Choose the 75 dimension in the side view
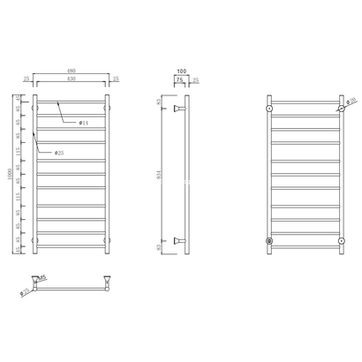pyautogui.click(x=179, y=79)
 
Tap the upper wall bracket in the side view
pyautogui.click(x=180, y=109)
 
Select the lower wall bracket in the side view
pyautogui.click(x=180, y=239)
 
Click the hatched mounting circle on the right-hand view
pyautogui.click(x=268, y=239)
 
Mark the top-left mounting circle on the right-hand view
pyautogui.click(x=268, y=109)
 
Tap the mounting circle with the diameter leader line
pyautogui.click(x=340, y=109)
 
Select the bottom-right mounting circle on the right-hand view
pyautogui.click(x=340, y=239)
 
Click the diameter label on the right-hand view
pyautogui.click(x=351, y=100)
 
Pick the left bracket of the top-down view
pyautogui.click(x=35, y=280)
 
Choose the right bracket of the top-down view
pyautogui.click(x=107, y=280)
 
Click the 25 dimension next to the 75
pyautogui.click(x=193, y=79)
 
